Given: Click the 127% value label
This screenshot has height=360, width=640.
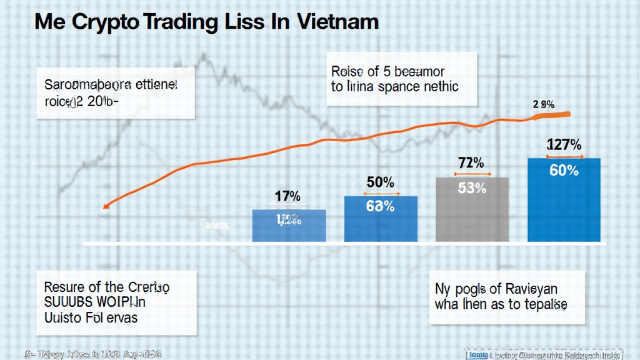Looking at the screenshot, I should click(x=564, y=145).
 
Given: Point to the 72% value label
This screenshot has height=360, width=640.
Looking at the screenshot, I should click(x=471, y=164).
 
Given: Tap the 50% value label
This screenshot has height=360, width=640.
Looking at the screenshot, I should click(x=379, y=182).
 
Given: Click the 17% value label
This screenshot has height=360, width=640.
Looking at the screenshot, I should click(x=288, y=196).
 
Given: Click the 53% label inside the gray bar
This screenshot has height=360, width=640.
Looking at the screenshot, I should click(x=471, y=187).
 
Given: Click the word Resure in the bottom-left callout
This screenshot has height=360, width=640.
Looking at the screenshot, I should click(x=64, y=287).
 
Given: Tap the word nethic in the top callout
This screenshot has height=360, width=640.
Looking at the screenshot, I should click(x=437, y=87).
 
